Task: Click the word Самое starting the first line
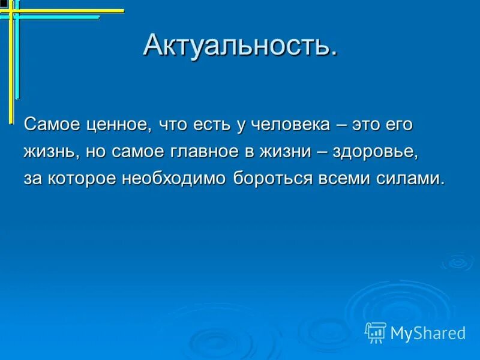tap(47, 125)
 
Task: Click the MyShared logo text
tap(428, 332)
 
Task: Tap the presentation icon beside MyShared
tap(375, 332)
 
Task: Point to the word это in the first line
tap(366, 125)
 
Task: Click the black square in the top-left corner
tap(4, 4)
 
